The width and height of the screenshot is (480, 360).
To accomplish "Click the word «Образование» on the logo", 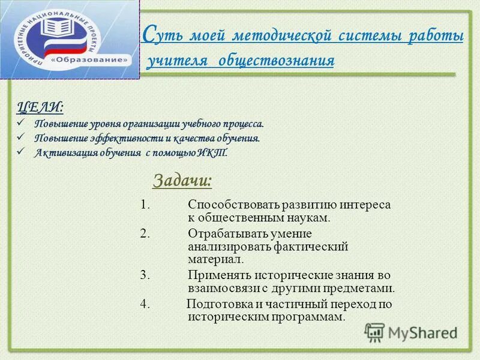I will pos(89,61).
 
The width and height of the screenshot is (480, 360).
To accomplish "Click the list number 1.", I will pos(145,205).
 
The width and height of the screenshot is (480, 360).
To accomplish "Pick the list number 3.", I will pos(145,275).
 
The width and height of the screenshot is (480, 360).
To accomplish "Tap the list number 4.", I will pos(145,304).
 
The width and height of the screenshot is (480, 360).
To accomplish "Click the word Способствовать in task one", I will pos(224,205).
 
